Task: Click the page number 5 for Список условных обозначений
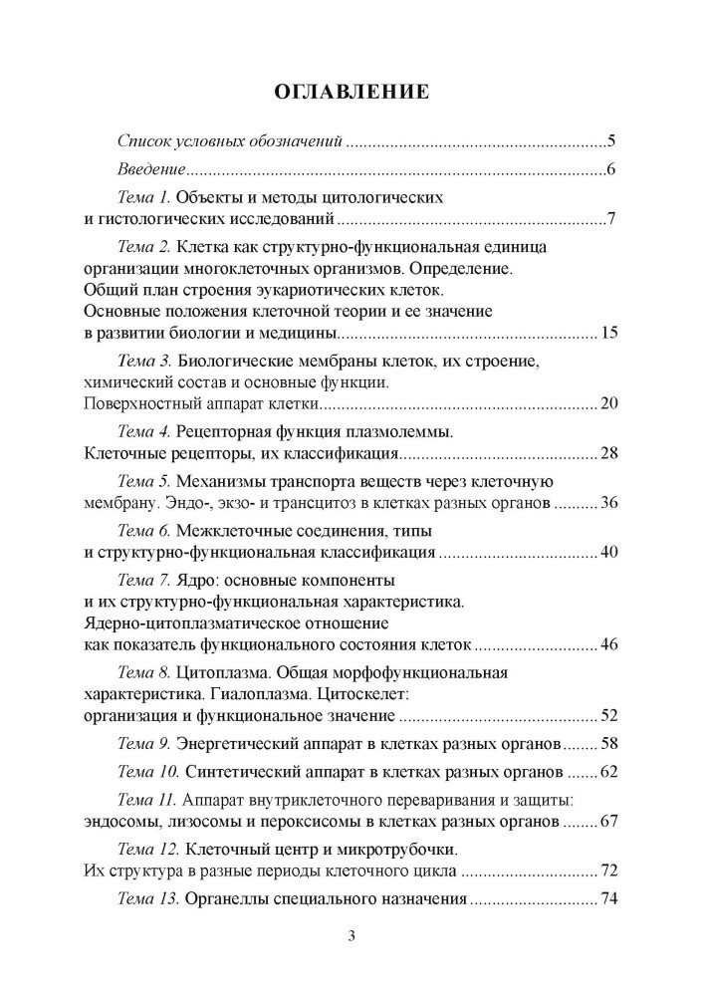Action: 612,139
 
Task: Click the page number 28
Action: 610,455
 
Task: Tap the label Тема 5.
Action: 144,482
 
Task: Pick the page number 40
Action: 610,551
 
